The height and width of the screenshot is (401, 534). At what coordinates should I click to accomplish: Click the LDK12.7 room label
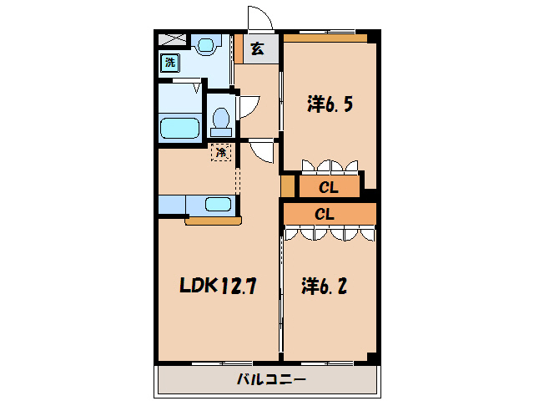point(218,287)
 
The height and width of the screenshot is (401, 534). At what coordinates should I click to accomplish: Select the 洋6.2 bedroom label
point(324,287)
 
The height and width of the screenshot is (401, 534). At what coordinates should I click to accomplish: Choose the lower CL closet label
point(325,214)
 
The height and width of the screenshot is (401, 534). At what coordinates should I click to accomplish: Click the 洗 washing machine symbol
point(169,62)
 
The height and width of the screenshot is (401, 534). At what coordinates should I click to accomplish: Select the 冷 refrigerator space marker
point(221,152)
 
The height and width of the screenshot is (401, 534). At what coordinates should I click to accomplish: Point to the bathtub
point(179,129)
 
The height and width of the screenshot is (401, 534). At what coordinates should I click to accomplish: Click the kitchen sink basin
point(219,205)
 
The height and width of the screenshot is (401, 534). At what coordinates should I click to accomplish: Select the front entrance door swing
point(259,19)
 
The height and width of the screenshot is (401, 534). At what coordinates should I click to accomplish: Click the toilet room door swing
point(248,106)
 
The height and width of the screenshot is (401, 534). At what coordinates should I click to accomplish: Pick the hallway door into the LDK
point(263,152)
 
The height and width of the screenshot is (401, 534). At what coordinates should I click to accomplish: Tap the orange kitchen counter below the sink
point(213,221)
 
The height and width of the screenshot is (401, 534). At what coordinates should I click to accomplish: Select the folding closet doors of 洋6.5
point(330,165)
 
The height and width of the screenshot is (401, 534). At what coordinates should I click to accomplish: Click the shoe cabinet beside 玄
point(238,48)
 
